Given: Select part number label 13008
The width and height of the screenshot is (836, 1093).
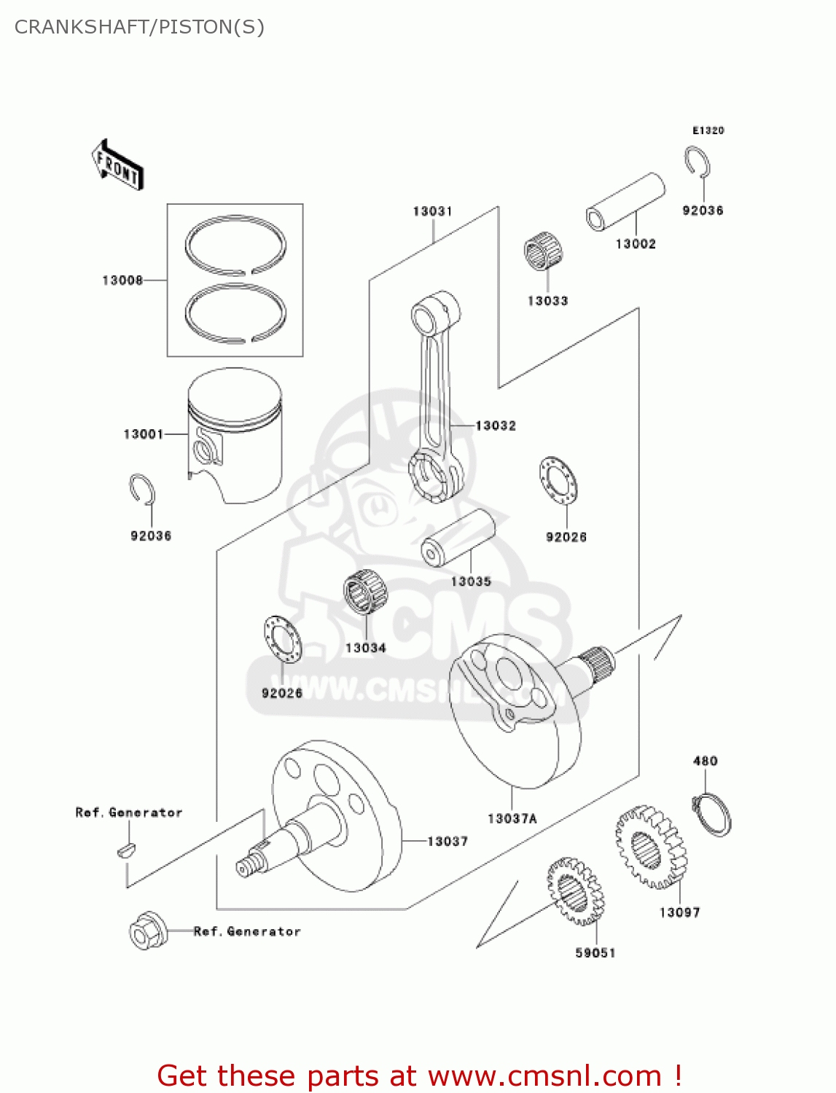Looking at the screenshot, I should point(122,281).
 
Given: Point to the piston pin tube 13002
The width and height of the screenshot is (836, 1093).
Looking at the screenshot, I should point(626,202).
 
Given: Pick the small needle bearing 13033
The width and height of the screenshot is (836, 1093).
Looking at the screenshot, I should point(545,251).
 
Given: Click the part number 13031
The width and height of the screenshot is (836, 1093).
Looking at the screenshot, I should point(433,211).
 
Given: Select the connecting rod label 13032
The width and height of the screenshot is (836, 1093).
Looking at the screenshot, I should point(496,426).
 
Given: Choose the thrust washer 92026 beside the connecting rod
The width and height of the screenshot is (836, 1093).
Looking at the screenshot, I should point(558,481).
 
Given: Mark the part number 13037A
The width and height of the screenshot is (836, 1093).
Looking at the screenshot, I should point(512,818).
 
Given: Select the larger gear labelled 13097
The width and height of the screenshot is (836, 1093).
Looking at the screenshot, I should point(650,847).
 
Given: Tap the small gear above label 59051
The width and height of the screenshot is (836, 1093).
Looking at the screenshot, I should point(575,893).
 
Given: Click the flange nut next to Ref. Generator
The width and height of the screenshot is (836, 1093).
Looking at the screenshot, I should point(148,931).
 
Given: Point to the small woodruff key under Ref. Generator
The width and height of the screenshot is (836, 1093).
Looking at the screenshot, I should point(126,849).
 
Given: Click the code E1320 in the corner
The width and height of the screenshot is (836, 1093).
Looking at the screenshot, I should point(708,130).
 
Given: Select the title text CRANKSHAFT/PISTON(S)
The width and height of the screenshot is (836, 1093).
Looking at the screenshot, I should point(139,27).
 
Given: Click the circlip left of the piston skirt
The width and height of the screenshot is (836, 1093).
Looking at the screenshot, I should point(142,490).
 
